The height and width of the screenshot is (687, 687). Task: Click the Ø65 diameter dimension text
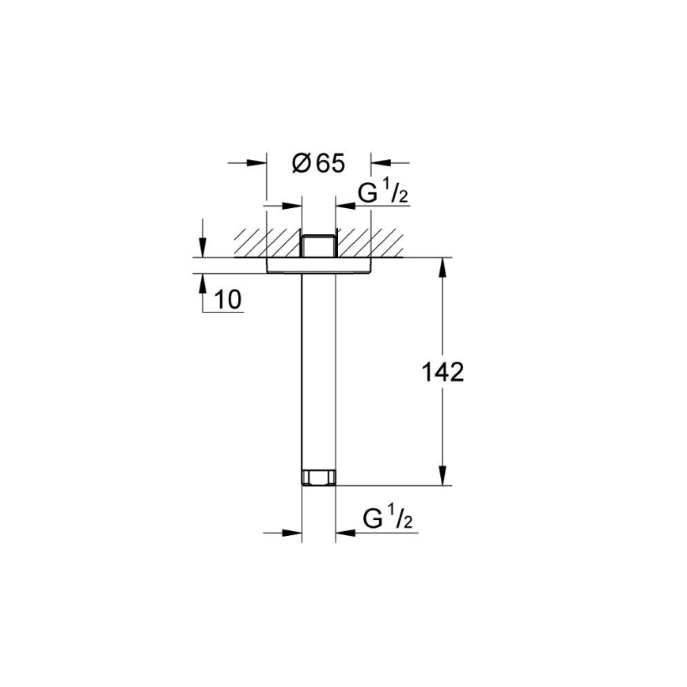(318, 164)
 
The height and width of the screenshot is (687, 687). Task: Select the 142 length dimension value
(441, 373)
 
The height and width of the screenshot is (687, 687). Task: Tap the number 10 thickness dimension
(227, 300)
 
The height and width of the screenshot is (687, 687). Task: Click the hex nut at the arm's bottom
(319, 477)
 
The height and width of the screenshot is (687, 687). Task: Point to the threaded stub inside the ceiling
(319, 245)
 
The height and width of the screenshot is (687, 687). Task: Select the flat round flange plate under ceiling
(319, 265)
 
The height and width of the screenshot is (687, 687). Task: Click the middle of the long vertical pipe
(319, 372)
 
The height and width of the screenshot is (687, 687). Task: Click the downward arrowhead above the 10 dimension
(203, 249)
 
